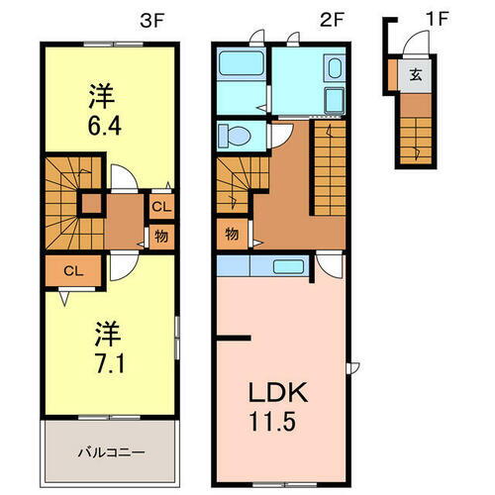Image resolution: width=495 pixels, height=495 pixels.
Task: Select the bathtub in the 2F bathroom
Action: click(239, 68)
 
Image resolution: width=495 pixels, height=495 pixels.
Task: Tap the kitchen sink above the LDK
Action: click(289, 266)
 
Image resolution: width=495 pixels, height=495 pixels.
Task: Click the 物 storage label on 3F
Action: click(159, 236)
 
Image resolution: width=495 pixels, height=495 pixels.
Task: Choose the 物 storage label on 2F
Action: click(230, 234)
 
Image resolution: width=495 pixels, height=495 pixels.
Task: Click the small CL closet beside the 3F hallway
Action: click(159, 207)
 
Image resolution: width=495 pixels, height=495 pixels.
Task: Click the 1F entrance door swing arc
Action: click(418, 46)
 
